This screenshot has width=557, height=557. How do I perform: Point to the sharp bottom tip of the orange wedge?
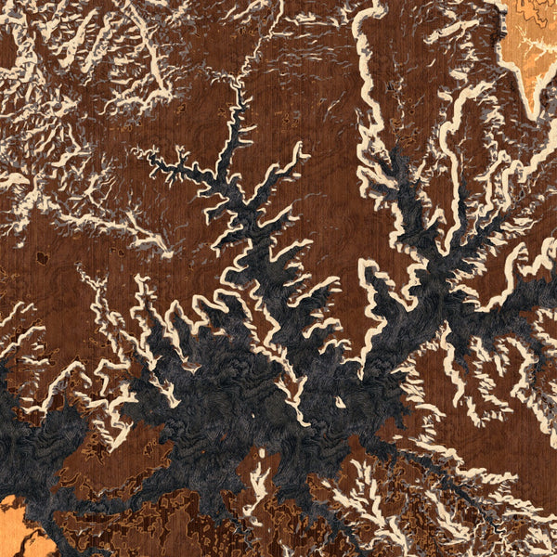pyautogui.click(x=532, y=115)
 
